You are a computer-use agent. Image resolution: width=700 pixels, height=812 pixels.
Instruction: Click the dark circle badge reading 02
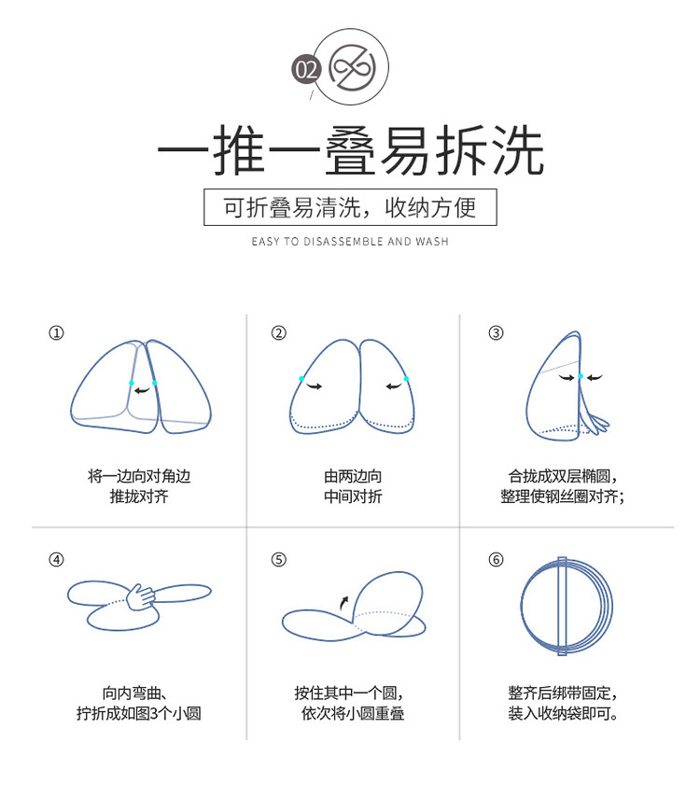(306, 69)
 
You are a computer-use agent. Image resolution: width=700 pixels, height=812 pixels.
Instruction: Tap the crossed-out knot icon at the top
(353, 67)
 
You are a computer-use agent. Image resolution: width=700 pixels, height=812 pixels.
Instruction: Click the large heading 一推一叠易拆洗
(351, 150)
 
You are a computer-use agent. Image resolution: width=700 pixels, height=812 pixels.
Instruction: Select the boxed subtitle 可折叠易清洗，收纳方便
(350, 207)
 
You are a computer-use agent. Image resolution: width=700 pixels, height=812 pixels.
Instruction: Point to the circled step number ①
(56, 332)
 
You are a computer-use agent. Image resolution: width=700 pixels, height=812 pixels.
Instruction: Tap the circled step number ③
(496, 332)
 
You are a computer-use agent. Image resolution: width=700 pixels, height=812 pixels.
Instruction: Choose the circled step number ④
(56, 559)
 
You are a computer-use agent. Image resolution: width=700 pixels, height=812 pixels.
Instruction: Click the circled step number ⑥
(496, 559)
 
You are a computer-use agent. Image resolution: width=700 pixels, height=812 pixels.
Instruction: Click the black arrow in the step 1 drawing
(142, 390)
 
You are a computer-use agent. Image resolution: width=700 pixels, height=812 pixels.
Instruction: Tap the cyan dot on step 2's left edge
(301, 379)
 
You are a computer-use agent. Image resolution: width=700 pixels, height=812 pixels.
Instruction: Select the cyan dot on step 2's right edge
(406, 379)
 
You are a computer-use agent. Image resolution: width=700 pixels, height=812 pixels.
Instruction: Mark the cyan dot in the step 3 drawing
(581, 376)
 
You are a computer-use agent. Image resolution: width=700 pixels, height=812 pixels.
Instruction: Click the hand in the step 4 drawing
(140, 597)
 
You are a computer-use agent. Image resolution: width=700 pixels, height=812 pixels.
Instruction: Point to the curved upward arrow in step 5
(343, 602)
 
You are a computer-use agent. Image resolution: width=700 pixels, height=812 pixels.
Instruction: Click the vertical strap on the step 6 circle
(562, 606)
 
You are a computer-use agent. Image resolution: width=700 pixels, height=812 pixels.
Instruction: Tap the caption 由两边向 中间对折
(353, 486)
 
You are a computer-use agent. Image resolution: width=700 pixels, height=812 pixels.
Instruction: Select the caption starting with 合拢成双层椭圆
(562, 486)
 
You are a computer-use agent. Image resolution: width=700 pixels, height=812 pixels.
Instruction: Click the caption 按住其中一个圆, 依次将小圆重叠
(350, 703)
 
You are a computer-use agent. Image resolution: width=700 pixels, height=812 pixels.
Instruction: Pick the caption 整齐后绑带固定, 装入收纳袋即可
(563, 703)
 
